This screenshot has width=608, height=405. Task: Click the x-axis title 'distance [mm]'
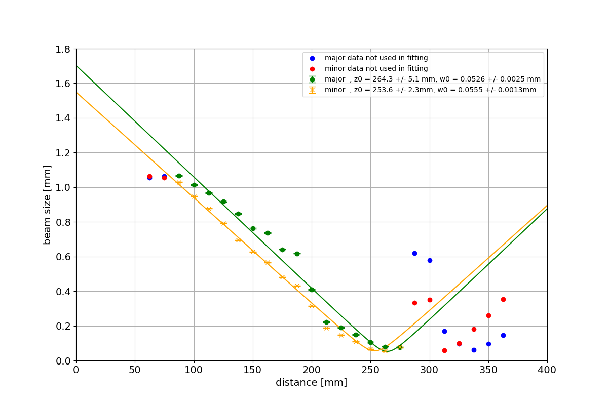311,383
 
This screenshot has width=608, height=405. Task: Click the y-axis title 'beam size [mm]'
47,205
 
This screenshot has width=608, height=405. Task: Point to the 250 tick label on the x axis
370,370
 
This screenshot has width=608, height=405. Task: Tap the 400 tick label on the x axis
547,370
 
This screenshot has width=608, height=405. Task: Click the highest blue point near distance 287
414,253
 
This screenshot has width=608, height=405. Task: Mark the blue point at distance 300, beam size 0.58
430,260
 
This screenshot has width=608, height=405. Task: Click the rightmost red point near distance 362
503,299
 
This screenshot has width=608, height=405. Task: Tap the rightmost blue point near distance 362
503,335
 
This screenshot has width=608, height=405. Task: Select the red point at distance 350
488,315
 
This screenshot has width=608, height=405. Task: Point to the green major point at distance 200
312,290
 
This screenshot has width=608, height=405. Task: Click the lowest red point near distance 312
444,350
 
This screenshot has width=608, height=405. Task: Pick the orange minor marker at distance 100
194,196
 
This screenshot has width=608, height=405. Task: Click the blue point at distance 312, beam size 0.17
444,331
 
